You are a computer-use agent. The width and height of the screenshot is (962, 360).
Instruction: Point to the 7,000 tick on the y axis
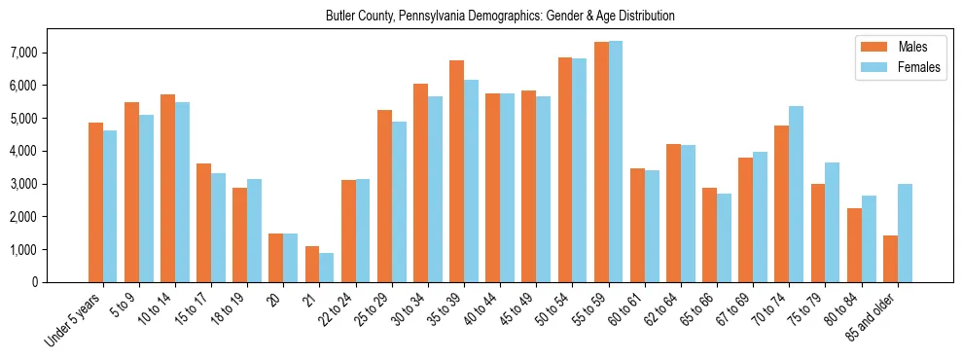(51, 53)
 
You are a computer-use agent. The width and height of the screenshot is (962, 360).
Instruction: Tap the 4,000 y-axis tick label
(51, 151)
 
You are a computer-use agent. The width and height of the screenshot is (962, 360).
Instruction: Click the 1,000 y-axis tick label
(51, 249)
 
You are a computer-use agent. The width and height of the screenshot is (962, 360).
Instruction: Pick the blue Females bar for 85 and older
(905, 234)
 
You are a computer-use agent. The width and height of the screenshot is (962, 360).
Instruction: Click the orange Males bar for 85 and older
(890, 259)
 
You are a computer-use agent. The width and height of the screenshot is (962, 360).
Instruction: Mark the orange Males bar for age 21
(312, 265)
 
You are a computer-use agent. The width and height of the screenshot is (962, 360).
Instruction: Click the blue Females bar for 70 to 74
(796, 195)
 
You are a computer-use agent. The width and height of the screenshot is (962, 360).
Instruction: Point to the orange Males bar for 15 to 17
(203, 223)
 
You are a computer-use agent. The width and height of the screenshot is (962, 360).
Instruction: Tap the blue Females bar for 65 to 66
(724, 238)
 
